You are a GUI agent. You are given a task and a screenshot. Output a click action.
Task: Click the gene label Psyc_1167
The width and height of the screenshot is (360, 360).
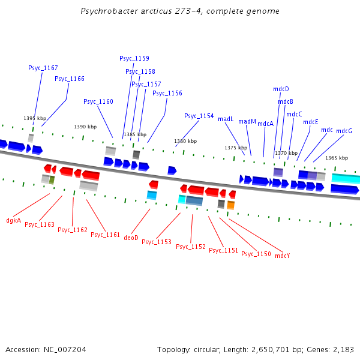point(43,68)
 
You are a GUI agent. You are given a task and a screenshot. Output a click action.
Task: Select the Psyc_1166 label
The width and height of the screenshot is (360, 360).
point(70,79)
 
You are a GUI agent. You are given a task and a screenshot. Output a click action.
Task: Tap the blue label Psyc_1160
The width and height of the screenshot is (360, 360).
point(98,101)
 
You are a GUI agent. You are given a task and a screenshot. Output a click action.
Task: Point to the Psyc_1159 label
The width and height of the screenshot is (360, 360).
point(134,58)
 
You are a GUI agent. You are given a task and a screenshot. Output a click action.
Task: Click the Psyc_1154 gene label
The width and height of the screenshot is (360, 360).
point(199,116)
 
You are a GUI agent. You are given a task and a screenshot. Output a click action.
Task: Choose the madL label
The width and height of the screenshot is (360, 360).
point(226,119)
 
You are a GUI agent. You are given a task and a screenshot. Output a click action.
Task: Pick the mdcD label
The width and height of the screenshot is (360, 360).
point(281,89)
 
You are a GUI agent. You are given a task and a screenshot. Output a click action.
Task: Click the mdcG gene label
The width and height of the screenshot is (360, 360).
point(344,131)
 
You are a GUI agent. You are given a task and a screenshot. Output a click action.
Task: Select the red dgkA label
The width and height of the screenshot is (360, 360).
point(13,220)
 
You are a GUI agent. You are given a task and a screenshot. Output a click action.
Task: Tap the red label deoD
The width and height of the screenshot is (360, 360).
point(131,238)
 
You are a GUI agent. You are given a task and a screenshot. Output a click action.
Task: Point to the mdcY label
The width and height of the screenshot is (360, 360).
point(283,256)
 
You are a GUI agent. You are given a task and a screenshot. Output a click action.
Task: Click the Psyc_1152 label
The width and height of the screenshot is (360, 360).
point(191,247)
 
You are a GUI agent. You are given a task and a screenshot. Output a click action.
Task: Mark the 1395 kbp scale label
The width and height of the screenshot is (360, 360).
point(35,118)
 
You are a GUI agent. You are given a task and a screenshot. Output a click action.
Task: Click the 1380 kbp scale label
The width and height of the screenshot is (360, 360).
point(185,141)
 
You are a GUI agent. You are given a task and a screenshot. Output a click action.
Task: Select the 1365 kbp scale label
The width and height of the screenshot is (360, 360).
point(337,158)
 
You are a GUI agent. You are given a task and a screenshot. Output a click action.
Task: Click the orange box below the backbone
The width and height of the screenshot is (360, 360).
point(231,205)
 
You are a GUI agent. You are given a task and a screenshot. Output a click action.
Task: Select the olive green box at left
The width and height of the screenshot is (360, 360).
point(52,179)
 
